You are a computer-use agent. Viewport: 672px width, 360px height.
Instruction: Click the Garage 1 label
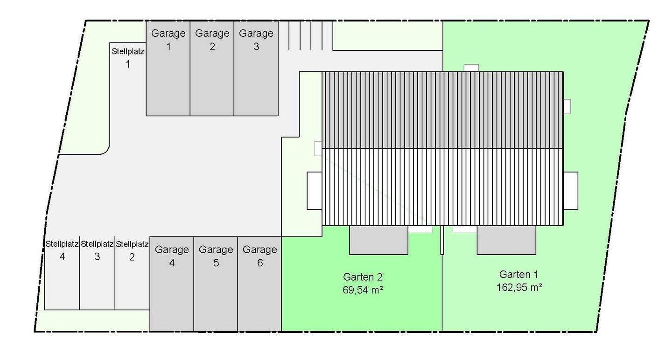coord(168,40)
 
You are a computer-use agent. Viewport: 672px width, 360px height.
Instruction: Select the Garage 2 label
coord(212,40)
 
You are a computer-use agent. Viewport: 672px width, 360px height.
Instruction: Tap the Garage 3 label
coord(256,40)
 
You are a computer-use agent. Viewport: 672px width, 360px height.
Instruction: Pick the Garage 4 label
coord(172,256)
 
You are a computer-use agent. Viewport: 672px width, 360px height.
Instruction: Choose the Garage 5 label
coord(216,256)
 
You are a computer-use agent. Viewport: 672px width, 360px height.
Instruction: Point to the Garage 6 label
coord(259,256)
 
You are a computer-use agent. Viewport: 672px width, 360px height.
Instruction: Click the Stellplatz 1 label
coord(128,57)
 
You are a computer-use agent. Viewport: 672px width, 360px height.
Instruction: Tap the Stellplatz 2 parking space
coord(132,275)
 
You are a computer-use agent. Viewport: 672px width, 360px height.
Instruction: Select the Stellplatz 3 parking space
coord(97,275)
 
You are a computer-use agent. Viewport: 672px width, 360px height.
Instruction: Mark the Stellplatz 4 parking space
coord(62,275)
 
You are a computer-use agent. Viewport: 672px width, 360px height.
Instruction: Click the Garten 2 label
coord(363,277)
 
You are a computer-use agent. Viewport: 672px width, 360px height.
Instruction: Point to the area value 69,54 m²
coord(363,290)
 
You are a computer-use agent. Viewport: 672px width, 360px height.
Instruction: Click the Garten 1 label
coord(518,274)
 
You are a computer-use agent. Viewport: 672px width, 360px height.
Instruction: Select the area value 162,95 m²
coord(518,287)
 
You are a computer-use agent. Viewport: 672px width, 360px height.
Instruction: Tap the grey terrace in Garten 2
coord(378,240)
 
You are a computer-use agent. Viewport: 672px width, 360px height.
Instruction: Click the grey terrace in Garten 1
coord(506,240)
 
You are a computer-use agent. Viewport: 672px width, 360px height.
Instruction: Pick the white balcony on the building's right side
coord(570,190)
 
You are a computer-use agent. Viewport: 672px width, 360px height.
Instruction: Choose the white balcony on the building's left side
coord(315,190)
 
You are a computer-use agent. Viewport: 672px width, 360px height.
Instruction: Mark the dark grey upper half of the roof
coord(442,110)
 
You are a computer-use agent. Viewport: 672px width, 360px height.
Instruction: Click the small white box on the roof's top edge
coord(471,68)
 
